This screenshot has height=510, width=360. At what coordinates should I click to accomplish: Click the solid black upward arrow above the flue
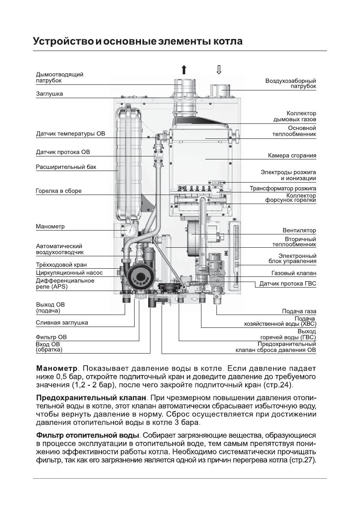pos(184,70)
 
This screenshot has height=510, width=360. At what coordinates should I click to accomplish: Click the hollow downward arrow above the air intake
pos(219,70)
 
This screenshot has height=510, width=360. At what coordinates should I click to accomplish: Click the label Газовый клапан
pos(294,273)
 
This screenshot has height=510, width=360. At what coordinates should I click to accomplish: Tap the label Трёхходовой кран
pos(61,265)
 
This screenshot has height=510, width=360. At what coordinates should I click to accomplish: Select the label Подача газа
pos(299,311)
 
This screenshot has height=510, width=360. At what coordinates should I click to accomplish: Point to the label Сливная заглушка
pos(62,323)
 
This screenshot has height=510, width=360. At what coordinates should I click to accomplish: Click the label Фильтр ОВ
pos(51,337)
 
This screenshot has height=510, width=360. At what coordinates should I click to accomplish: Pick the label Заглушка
pos(49,94)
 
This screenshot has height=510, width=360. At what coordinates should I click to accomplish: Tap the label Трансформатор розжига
pos(283,188)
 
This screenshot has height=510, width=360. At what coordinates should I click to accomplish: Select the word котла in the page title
pos(226,42)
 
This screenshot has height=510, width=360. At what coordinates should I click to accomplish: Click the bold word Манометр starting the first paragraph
pos(57,369)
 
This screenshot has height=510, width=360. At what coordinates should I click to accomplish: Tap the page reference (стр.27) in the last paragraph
pos(302,461)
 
